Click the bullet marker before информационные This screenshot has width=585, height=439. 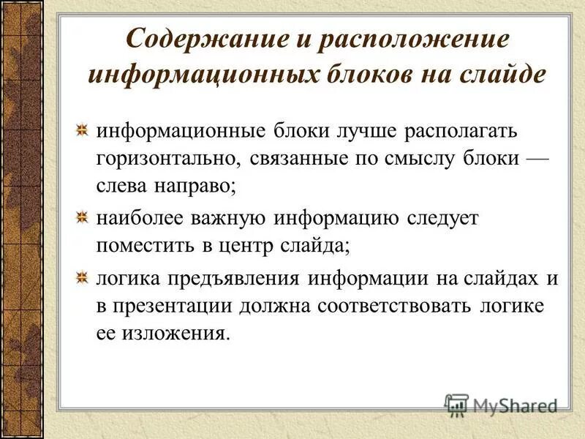click(84, 130)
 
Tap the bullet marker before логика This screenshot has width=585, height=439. click(84, 277)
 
